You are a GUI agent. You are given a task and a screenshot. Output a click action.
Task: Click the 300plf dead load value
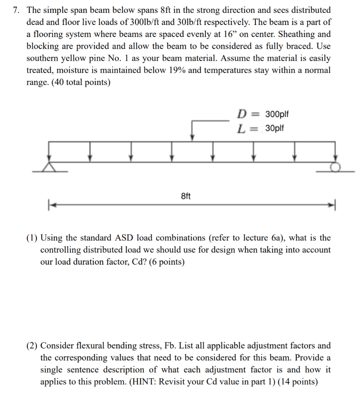(276, 115)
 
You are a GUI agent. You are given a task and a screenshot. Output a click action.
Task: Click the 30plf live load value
(275, 128)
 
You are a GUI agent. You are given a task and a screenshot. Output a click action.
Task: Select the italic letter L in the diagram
(241, 128)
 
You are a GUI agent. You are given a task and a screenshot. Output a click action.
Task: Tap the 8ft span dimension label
(186, 196)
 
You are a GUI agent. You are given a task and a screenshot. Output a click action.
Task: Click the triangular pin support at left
(49, 167)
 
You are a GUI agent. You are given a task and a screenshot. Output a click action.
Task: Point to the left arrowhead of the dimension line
(51, 204)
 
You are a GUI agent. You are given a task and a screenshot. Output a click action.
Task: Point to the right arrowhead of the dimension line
(331, 204)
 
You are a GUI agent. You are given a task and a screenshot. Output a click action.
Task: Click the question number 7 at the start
(16, 10)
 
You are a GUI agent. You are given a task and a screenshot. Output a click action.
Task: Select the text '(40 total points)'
(81, 83)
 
